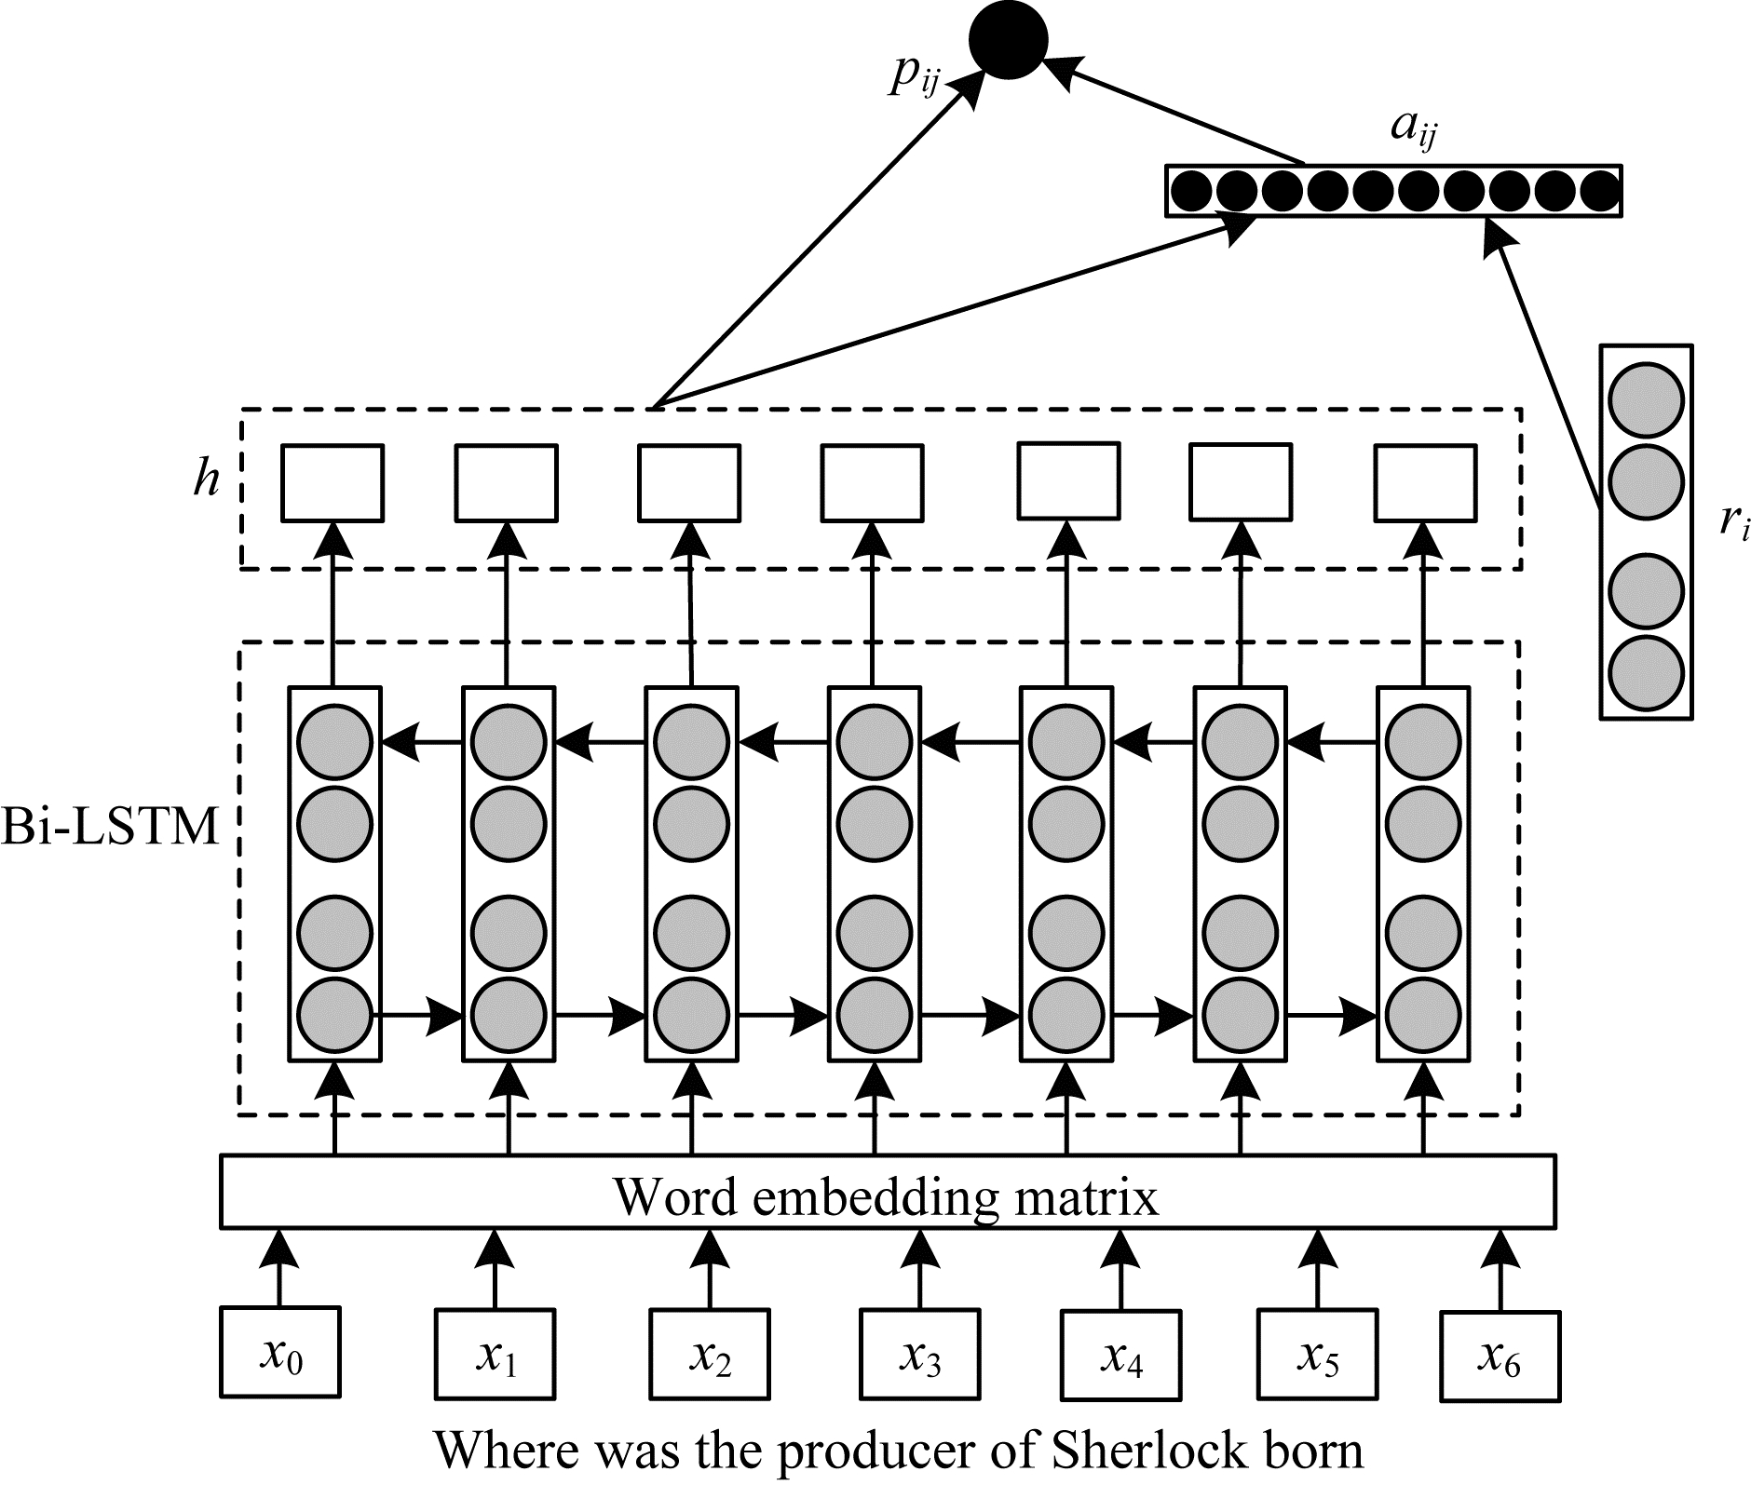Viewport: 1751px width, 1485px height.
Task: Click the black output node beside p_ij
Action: (x=1009, y=40)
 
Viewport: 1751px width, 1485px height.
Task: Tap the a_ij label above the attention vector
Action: (x=1413, y=129)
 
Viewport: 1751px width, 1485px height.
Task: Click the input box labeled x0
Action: (x=280, y=1352)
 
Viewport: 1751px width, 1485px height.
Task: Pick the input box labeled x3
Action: (x=920, y=1355)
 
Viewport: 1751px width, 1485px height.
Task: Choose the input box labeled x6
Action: (x=1500, y=1356)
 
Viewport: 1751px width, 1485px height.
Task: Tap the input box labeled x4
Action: (x=1120, y=1355)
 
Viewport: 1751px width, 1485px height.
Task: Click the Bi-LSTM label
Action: (x=110, y=825)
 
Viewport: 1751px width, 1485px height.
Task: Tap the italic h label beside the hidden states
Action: (x=207, y=479)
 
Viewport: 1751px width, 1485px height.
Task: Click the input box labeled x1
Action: (x=495, y=1353)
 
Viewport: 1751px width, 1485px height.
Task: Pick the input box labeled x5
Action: (x=1317, y=1355)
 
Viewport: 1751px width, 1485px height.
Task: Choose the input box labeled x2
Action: (x=710, y=1355)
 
